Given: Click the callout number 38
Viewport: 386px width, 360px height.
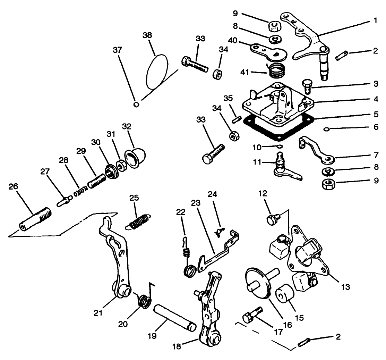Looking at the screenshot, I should coord(148,36).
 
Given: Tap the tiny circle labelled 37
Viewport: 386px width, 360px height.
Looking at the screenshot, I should coord(136,104).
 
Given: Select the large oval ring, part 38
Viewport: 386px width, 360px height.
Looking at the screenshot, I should coord(157,72).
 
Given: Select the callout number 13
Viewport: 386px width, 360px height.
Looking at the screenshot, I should coord(345,287).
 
